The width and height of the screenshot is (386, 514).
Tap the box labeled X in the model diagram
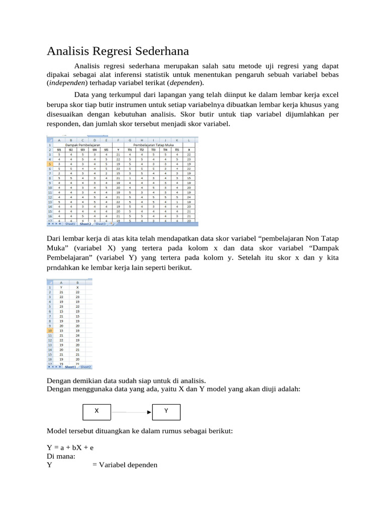(96, 411)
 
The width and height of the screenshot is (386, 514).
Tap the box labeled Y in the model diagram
(166, 411)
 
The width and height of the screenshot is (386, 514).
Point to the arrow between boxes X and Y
(131, 412)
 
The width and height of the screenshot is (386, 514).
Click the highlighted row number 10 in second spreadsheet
(50, 331)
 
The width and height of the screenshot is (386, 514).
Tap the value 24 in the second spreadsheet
(77, 335)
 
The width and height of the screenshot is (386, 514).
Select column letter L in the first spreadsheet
(188, 140)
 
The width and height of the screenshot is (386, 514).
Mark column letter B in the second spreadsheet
(77, 283)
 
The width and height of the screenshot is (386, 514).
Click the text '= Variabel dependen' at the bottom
(125, 465)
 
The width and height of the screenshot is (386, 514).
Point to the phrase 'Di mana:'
(61, 456)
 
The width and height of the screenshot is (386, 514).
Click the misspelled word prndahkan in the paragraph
(64, 268)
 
